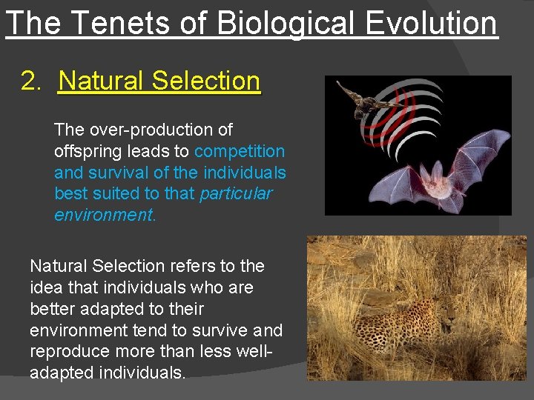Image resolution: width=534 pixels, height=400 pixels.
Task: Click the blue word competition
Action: [240, 151]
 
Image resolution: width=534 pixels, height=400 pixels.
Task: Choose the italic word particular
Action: [236, 194]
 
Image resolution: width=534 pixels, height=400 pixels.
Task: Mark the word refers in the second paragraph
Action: [194, 265]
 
